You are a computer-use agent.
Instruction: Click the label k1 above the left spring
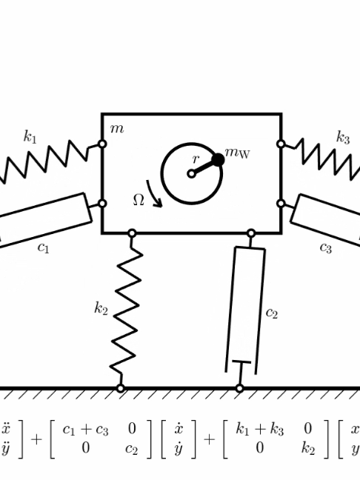(30, 136)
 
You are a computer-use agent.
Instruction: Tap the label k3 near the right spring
(342, 137)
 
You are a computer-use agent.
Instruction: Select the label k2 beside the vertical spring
(101, 308)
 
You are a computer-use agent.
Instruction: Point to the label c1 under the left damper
(43, 247)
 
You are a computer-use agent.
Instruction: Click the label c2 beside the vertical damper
(272, 313)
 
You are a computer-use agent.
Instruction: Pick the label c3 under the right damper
(325, 247)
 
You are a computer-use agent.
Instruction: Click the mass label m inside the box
(117, 129)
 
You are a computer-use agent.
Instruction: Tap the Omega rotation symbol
(139, 200)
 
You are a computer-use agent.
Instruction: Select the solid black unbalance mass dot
(218, 160)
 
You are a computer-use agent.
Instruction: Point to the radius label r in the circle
(196, 159)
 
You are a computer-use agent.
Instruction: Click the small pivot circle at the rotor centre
(191, 174)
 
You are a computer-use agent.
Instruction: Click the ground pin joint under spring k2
(121, 388)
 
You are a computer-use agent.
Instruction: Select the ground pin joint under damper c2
(240, 388)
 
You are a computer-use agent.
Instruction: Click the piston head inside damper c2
(241, 362)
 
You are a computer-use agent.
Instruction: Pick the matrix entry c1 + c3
(85, 430)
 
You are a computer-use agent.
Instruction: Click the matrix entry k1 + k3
(259, 429)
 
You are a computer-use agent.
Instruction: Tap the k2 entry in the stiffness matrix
(308, 448)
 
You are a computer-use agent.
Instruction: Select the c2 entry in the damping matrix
(131, 449)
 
